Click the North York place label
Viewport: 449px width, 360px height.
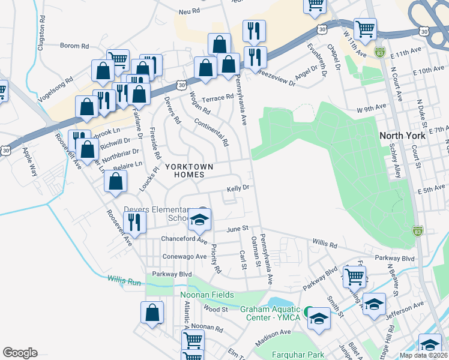(402, 136)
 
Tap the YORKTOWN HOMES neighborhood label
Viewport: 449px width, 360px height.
(185, 170)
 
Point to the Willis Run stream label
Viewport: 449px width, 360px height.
(124, 280)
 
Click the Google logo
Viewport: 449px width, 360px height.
(20, 353)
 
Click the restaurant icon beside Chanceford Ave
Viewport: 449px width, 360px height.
(134, 221)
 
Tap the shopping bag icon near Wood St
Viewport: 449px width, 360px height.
(152, 313)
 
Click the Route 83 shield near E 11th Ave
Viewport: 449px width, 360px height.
(379, 52)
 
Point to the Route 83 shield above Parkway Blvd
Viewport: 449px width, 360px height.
(418, 230)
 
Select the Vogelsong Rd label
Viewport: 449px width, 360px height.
(55, 85)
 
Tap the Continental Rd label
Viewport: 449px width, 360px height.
(212, 133)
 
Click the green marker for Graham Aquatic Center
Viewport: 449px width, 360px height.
(307, 311)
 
